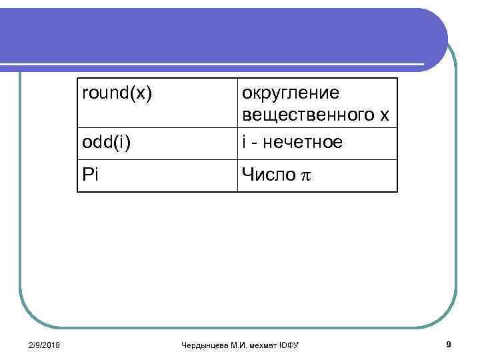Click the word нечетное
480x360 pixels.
click(x=304, y=142)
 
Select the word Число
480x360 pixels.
click(x=269, y=175)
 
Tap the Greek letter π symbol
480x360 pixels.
click(x=307, y=177)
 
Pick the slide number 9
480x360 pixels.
click(x=449, y=344)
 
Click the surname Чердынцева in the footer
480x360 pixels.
click(x=203, y=345)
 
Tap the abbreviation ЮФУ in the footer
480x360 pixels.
click(x=289, y=345)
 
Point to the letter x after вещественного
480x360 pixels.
click(x=384, y=116)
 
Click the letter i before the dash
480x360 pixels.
click(x=244, y=141)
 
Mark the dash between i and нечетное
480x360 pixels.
click(x=255, y=143)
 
